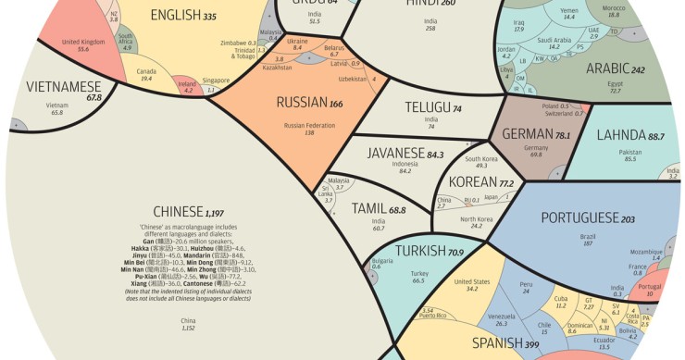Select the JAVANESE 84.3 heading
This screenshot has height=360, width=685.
coord(405,154)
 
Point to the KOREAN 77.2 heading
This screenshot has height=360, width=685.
coord(480,183)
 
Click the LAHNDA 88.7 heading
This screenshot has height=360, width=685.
coord(630,136)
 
